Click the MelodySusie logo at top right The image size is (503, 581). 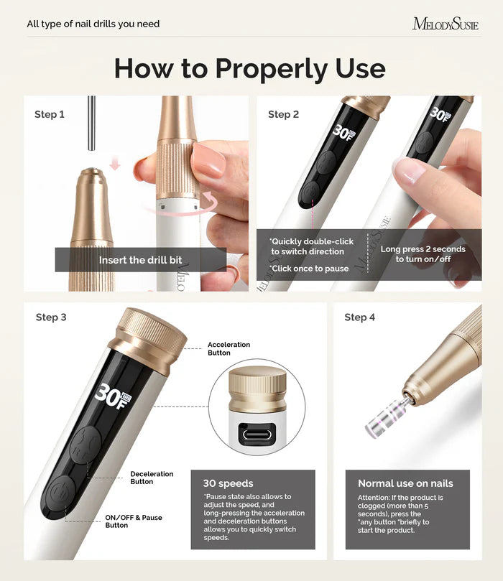coord(445,24)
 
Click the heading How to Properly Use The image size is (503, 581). coord(249,68)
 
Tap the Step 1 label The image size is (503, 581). coord(50,114)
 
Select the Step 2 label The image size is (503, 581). coord(283,114)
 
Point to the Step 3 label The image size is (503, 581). coord(51,317)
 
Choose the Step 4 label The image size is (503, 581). coord(359,317)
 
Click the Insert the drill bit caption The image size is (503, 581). coord(140,260)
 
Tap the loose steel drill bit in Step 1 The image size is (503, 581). coord(91,123)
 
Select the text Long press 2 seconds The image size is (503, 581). coord(423,249)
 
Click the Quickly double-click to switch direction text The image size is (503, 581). coord(307,246)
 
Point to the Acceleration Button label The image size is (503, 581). coord(229,348)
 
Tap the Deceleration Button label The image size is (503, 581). coord(152,478)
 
